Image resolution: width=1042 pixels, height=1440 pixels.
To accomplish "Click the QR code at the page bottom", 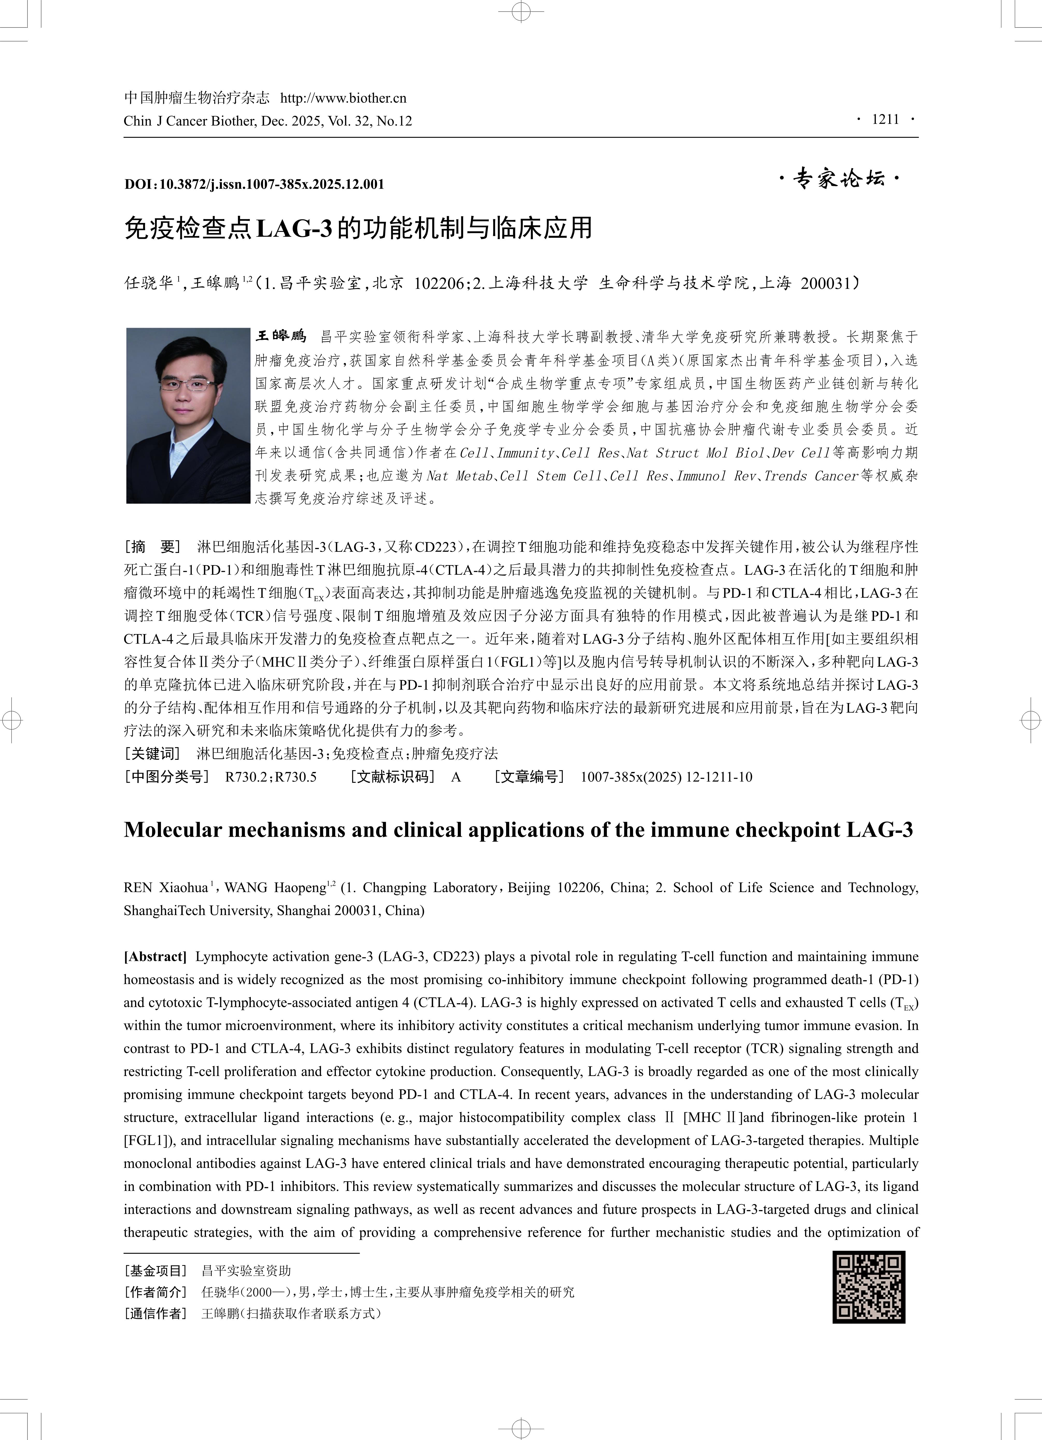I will (x=869, y=1287).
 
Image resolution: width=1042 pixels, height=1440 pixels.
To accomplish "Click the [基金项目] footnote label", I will (x=155, y=1270).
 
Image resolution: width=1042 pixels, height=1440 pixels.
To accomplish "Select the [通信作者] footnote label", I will (x=155, y=1314).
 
